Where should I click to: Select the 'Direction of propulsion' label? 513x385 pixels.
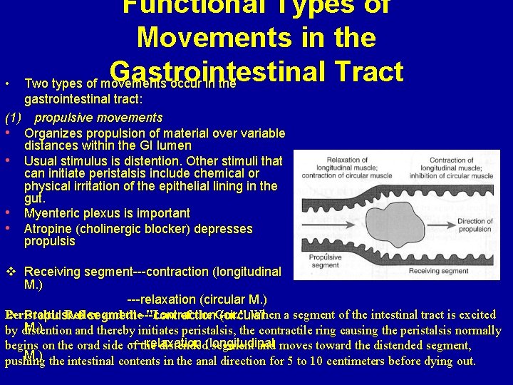(475, 226)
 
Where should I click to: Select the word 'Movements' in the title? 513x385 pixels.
(239, 36)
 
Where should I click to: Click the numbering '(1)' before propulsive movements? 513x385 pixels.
(14, 118)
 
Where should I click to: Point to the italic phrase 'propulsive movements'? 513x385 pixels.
(98, 118)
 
